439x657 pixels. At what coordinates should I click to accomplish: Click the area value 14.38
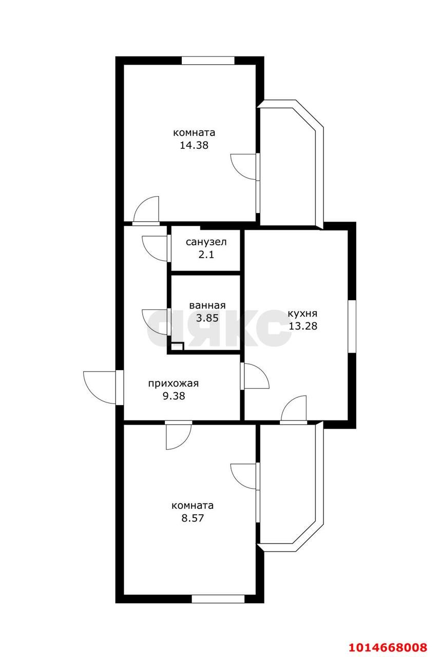click(194, 145)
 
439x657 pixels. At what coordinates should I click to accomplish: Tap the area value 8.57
click(193, 518)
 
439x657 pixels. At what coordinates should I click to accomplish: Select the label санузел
click(206, 242)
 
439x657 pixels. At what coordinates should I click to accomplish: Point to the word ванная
click(207, 305)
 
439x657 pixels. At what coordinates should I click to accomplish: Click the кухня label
click(302, 314)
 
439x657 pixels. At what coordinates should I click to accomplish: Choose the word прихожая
click(173, 383)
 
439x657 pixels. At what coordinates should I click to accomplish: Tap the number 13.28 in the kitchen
click(302, 325)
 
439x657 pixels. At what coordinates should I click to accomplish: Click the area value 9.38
click(173, 396)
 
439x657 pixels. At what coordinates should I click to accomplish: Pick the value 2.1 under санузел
click(206, 254)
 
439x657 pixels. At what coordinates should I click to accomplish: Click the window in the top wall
click(208, 60)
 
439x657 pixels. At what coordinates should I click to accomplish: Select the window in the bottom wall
click(218, 598)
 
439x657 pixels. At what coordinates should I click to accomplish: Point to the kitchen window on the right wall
click(352, 326)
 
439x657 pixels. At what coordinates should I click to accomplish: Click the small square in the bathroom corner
click(177, 346)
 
